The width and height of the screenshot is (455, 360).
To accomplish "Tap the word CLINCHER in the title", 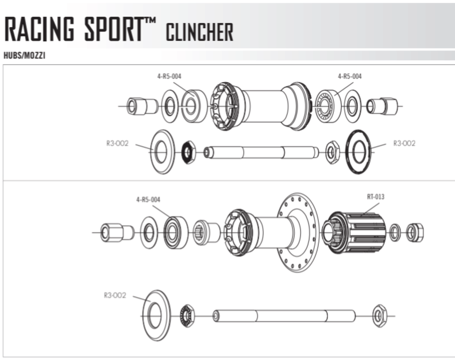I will (x=200, y=32).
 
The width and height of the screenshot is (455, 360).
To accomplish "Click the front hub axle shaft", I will (x=261, y=152).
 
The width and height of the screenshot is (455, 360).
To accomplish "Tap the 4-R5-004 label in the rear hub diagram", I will (x=148, y=199).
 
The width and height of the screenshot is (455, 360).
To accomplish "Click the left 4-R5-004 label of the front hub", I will (x=170, y=76).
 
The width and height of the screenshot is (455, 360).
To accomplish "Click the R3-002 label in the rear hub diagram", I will (x=115, y=296).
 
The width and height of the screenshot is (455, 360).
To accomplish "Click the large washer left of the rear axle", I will (x=156, y=315).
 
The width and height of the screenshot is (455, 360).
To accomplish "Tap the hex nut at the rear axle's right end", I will (x=379, y=316).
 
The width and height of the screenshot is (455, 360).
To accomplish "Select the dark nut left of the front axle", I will (x=187, y=152).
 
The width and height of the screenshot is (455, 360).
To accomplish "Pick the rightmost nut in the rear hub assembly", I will (x=415, y=231).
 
